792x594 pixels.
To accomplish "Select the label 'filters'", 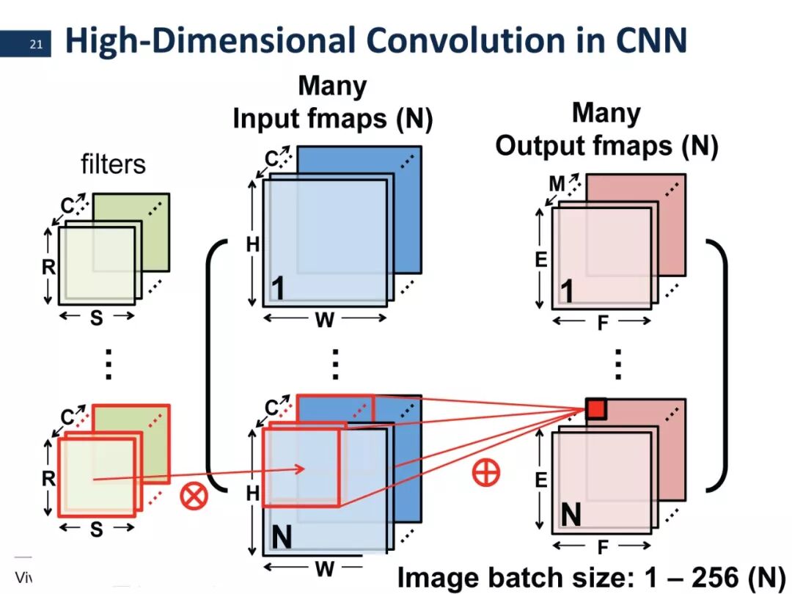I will tap(113, 164).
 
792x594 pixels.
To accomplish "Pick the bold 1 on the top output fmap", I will tap(567, 292).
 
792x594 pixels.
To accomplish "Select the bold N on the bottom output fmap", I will tap(571, 516).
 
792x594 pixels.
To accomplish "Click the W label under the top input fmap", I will tap(324, 320).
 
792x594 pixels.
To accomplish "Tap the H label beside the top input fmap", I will tap(252, 245).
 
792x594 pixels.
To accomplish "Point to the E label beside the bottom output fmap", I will tap(540, 480).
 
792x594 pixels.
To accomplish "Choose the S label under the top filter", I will tap(96, 318).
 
